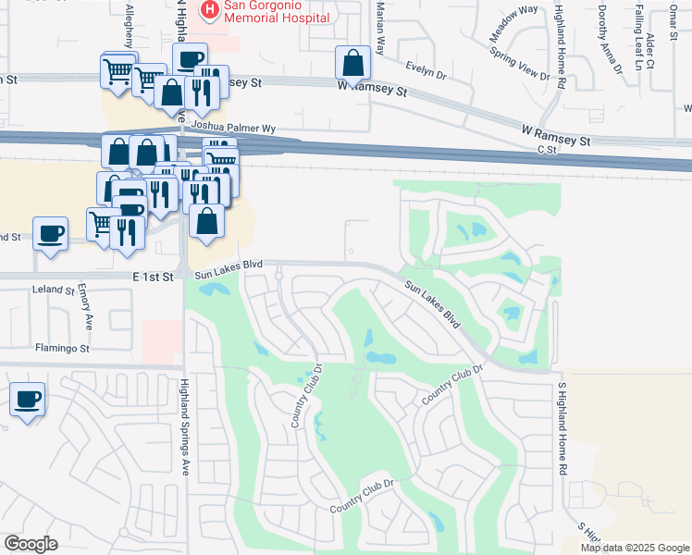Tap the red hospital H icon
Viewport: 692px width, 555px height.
click(x=210, y=10)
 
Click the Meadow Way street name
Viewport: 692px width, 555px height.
click(x=513, y=23)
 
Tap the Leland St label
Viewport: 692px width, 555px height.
click(x=53, y=290)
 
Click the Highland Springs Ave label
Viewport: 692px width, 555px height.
click(x=185, y=427)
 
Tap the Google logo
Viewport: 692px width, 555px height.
click(x=31, y=544)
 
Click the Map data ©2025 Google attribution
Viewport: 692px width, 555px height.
click(x=635, y=548)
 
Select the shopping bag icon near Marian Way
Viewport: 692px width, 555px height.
click(x=352, y=64)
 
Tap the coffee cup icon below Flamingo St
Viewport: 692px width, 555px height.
click(x=27, y=401)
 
